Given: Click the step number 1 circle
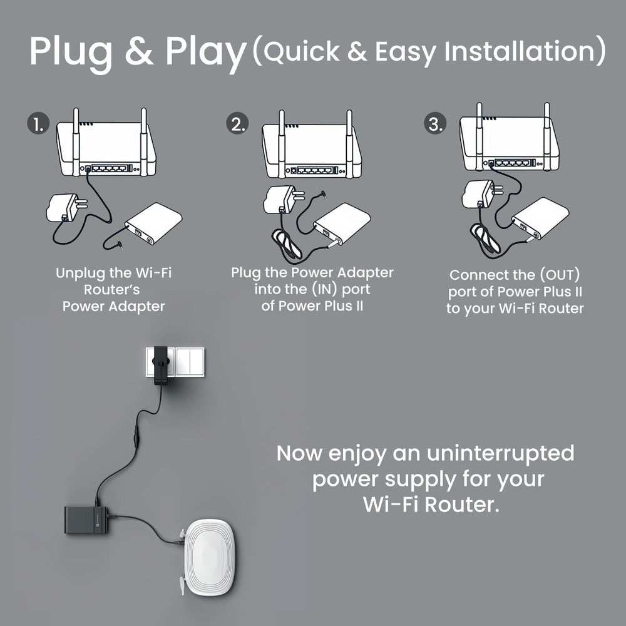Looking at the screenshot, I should [x=38, y=123].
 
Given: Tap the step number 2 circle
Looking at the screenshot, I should [x=237, y=123].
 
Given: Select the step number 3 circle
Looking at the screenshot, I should [x=434, y=123].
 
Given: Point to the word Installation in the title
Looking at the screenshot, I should [x=525, y=51].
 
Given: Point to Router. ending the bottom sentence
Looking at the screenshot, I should [x=463, y=505].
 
